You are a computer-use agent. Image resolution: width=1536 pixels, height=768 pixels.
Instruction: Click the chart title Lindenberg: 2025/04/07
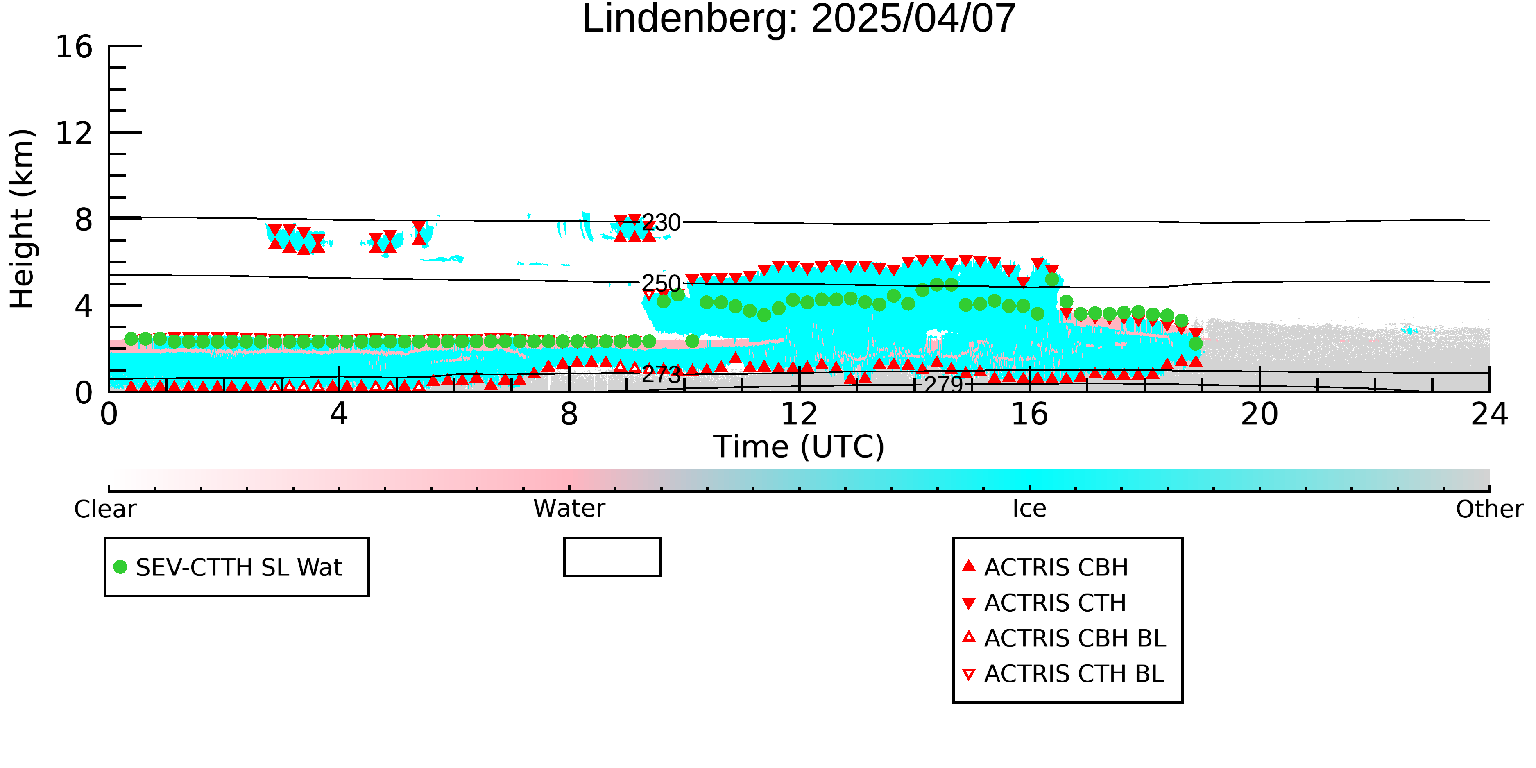point(799,19)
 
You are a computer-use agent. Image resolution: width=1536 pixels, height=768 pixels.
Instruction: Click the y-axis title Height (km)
point(23,219)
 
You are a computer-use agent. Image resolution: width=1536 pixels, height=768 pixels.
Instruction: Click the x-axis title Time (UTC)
point(799,446)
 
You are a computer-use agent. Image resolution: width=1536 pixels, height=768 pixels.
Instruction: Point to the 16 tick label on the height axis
point(75,47)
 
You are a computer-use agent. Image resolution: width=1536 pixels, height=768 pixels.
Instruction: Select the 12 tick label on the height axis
point(75,133)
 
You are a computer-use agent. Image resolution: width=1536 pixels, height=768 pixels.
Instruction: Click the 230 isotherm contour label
point(661,223)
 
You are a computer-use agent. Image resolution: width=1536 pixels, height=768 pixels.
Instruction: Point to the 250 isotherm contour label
point(661,283)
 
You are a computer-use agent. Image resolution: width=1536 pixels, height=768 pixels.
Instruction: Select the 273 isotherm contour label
point(661,374)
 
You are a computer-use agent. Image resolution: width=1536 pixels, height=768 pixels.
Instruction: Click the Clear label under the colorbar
point(105,509)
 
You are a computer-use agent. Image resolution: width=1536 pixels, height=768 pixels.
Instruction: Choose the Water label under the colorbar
point(569,509)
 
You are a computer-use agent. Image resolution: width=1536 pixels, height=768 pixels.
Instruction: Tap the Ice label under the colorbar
point(1029,509)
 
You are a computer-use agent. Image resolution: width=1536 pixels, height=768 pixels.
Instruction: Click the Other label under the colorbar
point(1489,509)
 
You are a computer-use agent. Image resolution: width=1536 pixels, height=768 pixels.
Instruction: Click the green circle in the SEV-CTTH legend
point(120,567)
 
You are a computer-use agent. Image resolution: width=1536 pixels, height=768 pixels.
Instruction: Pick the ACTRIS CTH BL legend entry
point(1063,674)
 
